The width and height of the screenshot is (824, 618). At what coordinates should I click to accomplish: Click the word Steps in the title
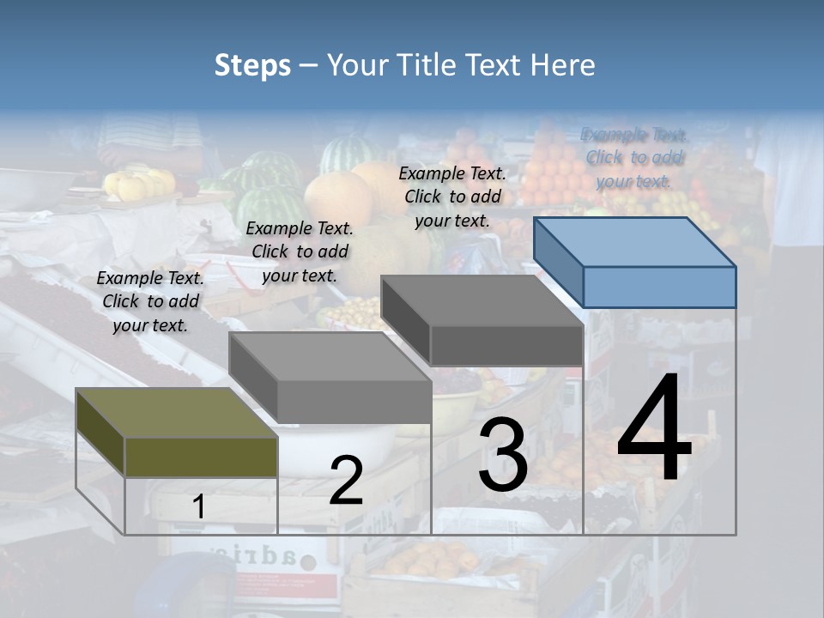(252, 65)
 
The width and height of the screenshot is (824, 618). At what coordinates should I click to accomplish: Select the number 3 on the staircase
(502, 454)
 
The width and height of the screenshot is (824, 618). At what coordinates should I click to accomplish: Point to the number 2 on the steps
(346, 481)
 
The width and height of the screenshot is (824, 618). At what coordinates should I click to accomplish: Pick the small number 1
(198, 506)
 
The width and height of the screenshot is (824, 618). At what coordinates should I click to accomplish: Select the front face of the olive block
(201, 457)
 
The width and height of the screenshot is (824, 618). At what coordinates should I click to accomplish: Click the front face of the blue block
(659, 287)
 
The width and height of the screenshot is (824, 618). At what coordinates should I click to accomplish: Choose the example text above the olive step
(150, 301)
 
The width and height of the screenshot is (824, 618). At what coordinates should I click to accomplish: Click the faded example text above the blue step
(634, 158)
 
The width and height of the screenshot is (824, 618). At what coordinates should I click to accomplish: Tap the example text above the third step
(452, 197)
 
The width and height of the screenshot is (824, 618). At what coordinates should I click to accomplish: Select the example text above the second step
(300, 251)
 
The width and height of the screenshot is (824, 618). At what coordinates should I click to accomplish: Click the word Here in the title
(563, 65)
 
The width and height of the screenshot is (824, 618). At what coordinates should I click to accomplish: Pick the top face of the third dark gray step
(481, 301)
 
